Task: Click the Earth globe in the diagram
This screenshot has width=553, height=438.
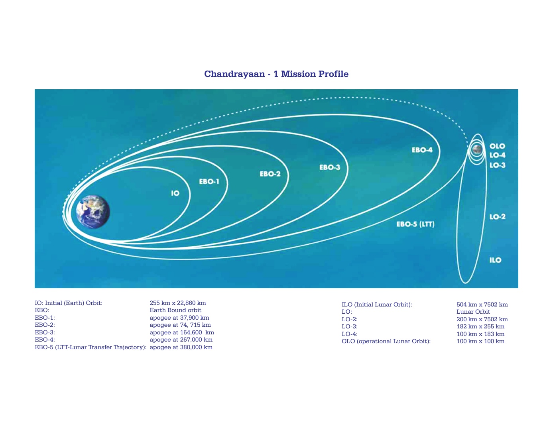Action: pos(93,212)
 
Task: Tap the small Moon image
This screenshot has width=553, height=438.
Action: pos(477,149)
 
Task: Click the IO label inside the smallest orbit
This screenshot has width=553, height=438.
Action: pos(175,193)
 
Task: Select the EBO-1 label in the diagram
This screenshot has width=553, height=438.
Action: pos(209,182)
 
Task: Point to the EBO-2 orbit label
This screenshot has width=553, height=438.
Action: pos(270,174)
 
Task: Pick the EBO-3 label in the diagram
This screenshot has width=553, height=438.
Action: pos(330,167)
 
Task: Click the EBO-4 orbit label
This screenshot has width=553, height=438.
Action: pos(422,150)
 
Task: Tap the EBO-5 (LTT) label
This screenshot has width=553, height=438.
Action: pos(415,224)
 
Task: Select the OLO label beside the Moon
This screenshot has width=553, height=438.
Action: pos(497,146)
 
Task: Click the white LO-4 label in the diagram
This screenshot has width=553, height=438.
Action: pos(497,155)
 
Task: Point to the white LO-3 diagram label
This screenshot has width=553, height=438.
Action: pos(497,165)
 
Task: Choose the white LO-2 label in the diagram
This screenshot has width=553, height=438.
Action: pos(497,217)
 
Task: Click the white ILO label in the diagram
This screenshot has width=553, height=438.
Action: pos(495,260)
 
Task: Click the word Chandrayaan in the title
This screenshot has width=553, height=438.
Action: pos(234,74)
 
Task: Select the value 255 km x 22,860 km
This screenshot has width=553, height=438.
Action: pos(178,303)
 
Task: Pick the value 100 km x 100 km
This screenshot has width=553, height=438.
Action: pos(480,342)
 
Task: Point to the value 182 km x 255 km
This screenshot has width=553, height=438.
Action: pos(480,326)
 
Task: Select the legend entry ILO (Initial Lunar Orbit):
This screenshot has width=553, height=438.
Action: pos(377,304)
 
